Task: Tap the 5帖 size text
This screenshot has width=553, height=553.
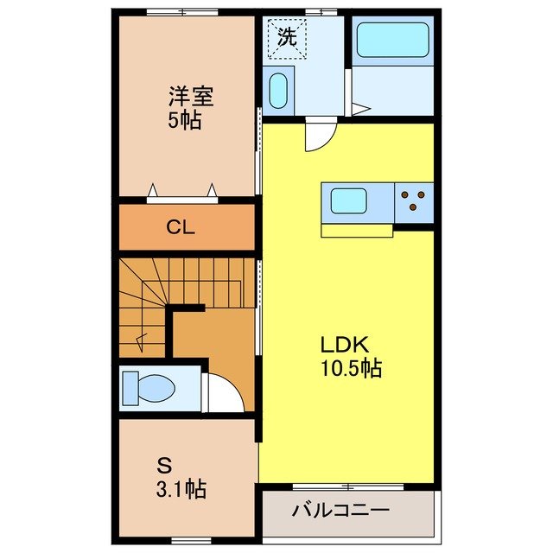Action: coord(184,120)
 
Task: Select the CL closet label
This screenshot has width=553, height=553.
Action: coord(181,228)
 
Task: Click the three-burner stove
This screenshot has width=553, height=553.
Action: coord(414,201)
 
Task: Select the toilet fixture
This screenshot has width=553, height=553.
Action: coord(148,386)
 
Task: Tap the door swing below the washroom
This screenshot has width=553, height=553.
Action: coord(317,136)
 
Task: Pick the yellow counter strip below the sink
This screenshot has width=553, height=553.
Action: coord(357,230)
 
